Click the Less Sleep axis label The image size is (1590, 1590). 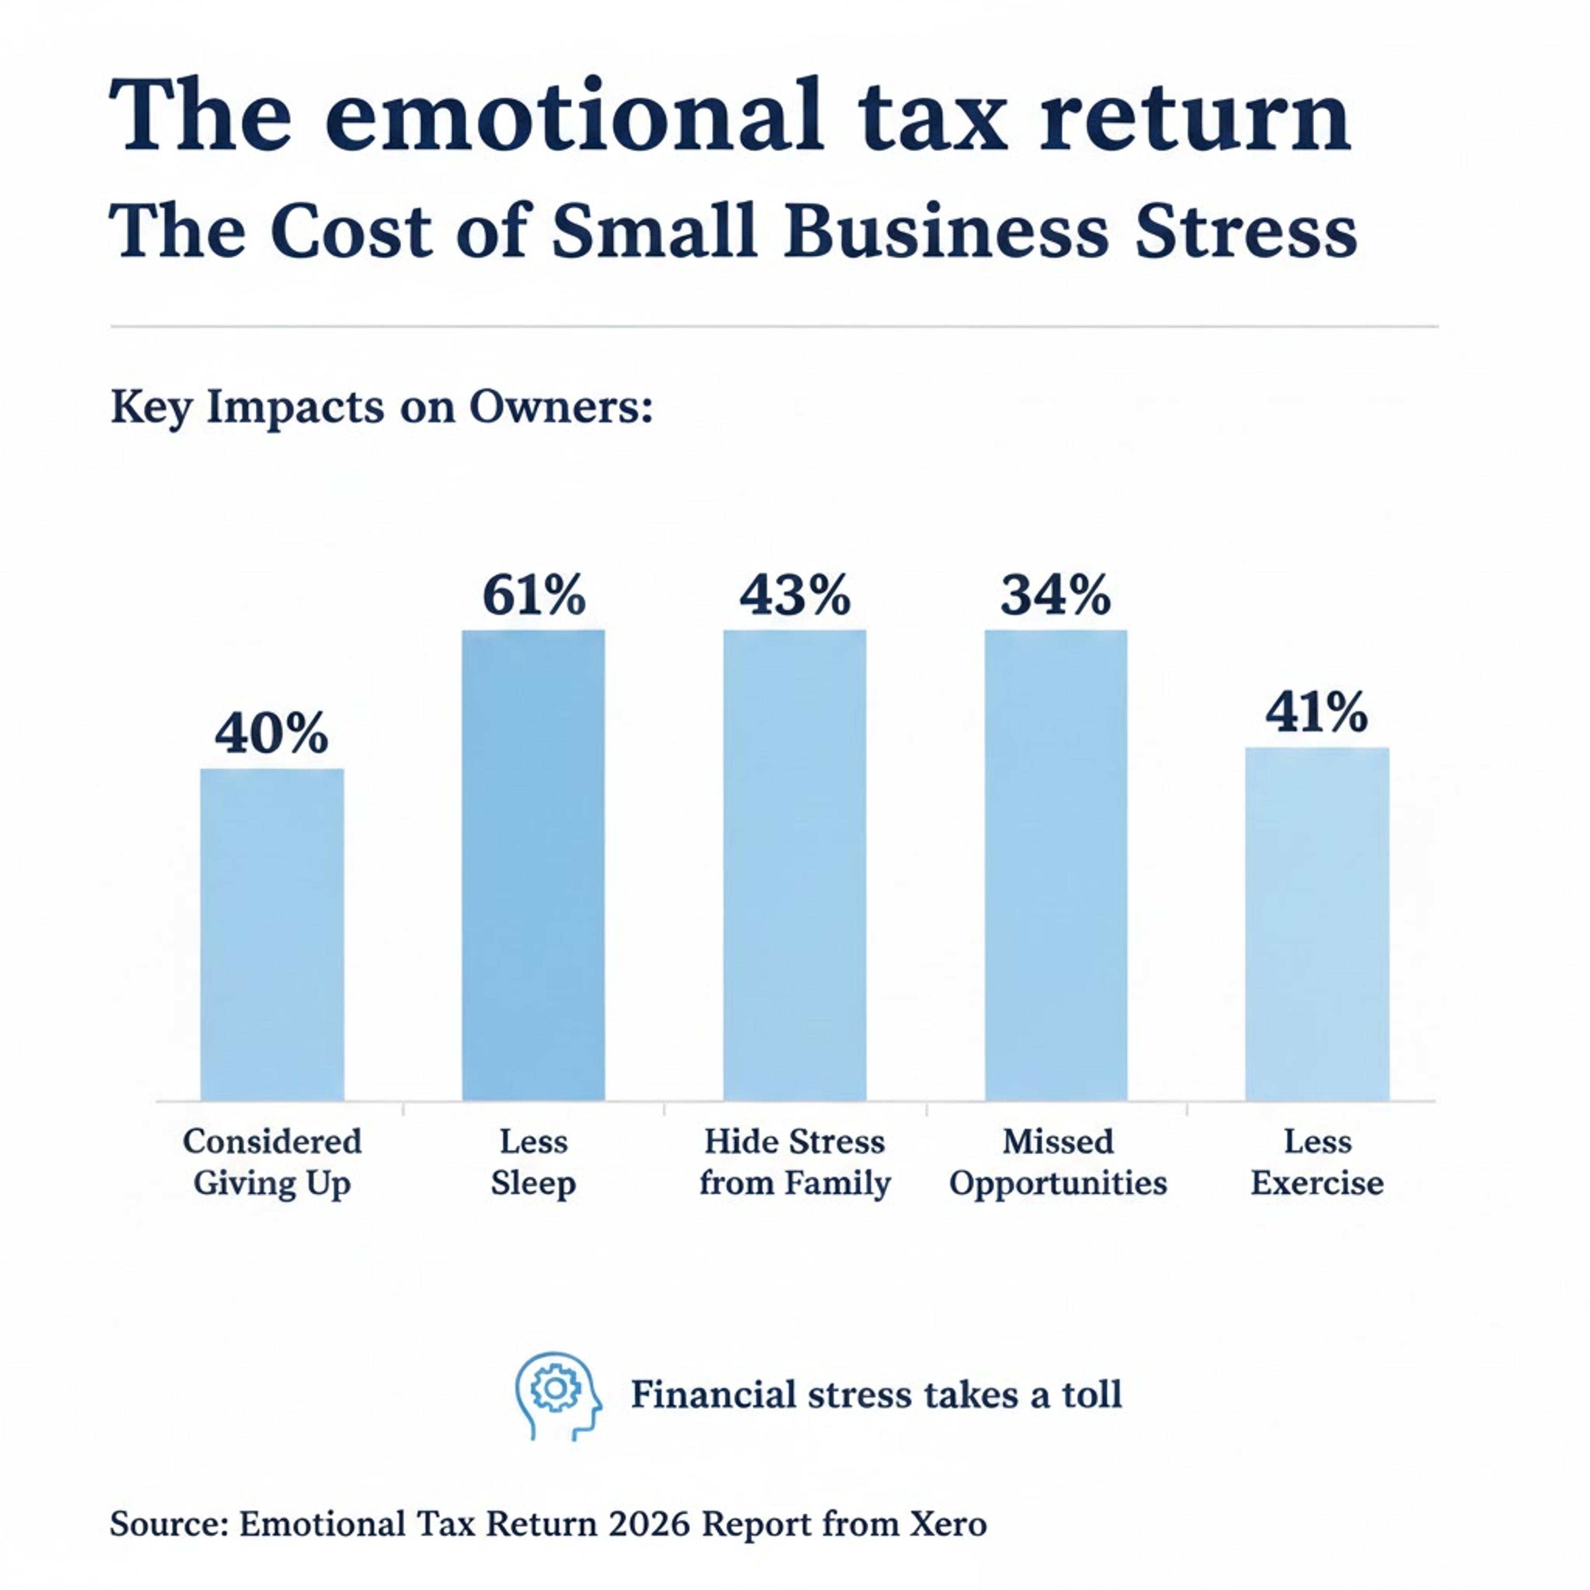click(533, 1162)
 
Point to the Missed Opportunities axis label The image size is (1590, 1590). click(1058, 1162)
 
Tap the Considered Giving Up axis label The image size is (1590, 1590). click(272, 1162)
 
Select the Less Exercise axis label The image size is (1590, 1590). click(1317, 1162)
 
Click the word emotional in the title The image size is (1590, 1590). click(573, 117)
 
